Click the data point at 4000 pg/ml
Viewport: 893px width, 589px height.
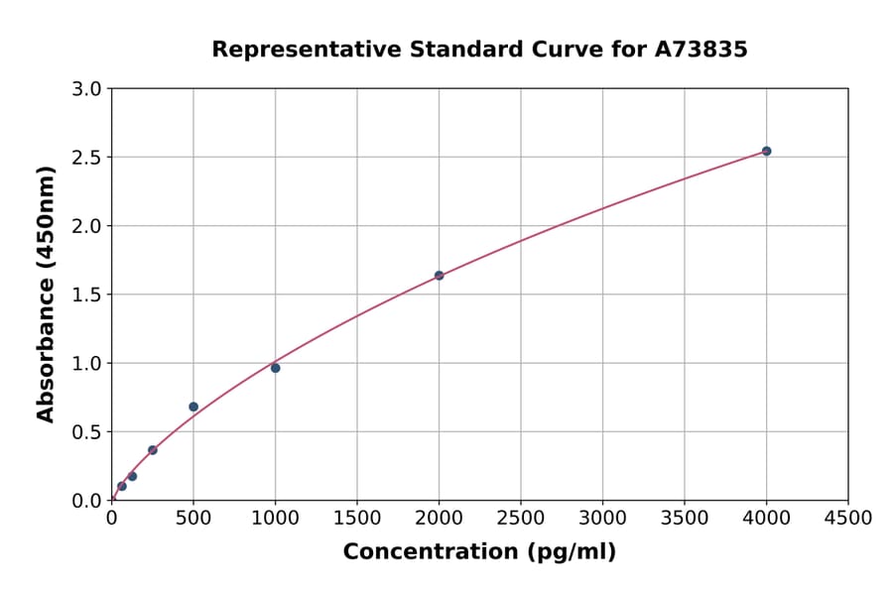[x=766, y=151]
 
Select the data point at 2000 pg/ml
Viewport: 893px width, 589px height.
[x=439, y=276]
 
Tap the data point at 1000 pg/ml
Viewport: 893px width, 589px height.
[x=275, y=368]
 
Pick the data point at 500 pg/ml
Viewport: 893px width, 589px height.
[x=193, y=407]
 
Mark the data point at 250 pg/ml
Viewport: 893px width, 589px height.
[x=153, y=450]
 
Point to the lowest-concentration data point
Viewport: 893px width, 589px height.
[x=122, y=486]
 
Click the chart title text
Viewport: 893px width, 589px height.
[x=479, y=49]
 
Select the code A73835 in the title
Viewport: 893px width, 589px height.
[x=702, y=49]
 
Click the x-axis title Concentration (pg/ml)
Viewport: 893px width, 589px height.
[x=479, y=552]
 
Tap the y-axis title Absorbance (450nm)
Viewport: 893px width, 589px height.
[x=46, y=294]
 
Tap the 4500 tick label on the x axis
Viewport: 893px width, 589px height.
[x=848, y=519]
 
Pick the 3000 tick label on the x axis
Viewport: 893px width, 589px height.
[x=602, y=519]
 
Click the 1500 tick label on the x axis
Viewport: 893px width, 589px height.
[x=357, y=519]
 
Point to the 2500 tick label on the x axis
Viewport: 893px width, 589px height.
[x=521, y=519]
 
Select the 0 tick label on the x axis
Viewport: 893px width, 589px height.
[x=111, y=519]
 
